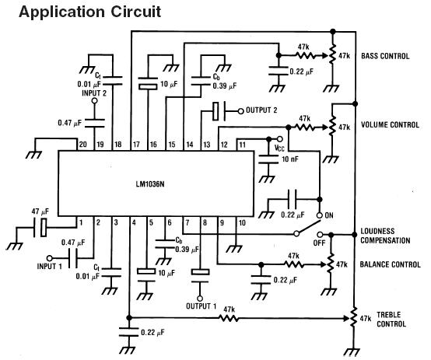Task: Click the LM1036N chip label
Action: (x=150, y=183)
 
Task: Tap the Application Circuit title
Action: (x=90, y=12)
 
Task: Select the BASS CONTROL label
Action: (x=385, y=56)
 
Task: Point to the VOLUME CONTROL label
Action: (x=390, y=124)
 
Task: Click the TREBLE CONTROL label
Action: (x=391, y=320)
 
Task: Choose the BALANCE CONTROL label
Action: (x=390, y=264)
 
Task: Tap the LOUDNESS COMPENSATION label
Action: (x=385, y=236)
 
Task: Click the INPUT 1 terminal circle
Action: (x=50, y=258)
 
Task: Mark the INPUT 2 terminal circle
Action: (x=95, y=101)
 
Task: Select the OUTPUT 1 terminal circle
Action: (x=200, y=299)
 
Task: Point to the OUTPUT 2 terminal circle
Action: (x=241, y=111)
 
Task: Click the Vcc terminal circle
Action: (x=280, y=139)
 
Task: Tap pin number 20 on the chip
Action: (x=82, y=145)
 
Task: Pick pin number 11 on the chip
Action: (x=242, y=145)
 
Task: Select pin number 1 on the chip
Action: (x=81, y=222)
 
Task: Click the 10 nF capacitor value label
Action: (x=290, y=159)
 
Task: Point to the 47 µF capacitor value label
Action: (x=40, y=211)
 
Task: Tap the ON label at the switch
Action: (x=329, y=215)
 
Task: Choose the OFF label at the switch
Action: (x=319, y=243)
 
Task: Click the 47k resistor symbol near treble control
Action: (x=229, y=319)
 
